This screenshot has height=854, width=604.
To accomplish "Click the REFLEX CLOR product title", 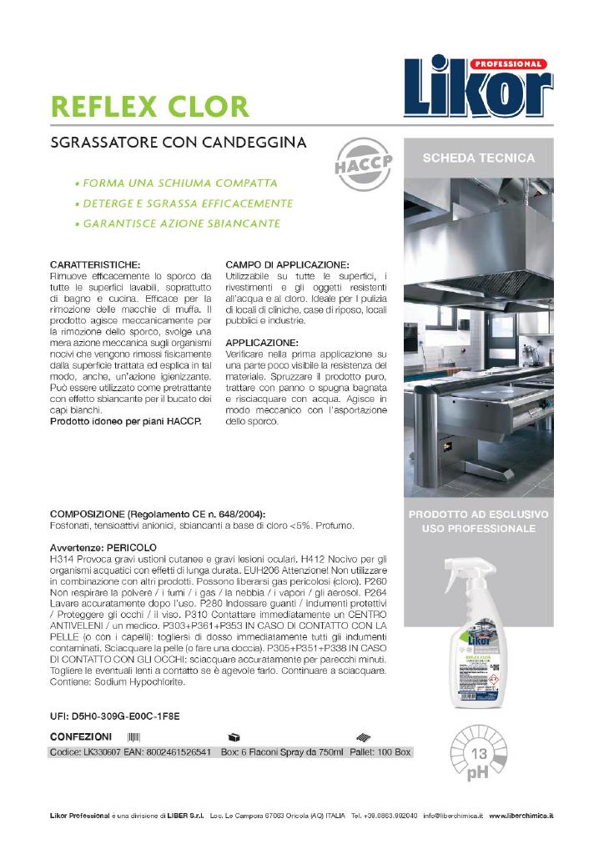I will click(149, 106).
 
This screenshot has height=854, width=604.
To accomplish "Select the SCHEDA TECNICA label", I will click(478, 158).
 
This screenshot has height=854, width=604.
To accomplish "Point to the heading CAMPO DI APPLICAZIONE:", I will click(287, 264).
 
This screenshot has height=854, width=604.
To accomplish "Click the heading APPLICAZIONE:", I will click(261, 343).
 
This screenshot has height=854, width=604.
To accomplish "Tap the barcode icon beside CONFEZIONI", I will click(133, 738).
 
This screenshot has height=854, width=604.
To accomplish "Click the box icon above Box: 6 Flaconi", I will click(234, 738).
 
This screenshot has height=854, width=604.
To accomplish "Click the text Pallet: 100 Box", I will click(380, 752).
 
